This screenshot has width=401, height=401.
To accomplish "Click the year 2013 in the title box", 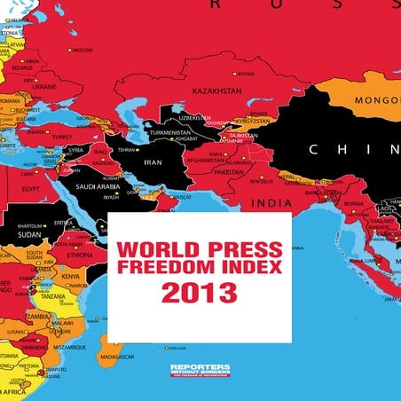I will point(199,292).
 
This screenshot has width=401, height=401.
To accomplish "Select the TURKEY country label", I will point(62,138).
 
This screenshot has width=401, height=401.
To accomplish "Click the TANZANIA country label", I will point(52,296).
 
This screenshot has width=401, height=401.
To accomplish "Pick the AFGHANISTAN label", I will point(207,161).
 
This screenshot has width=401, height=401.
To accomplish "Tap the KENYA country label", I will point(72,277).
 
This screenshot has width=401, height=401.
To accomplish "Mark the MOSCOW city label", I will point(81,51).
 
